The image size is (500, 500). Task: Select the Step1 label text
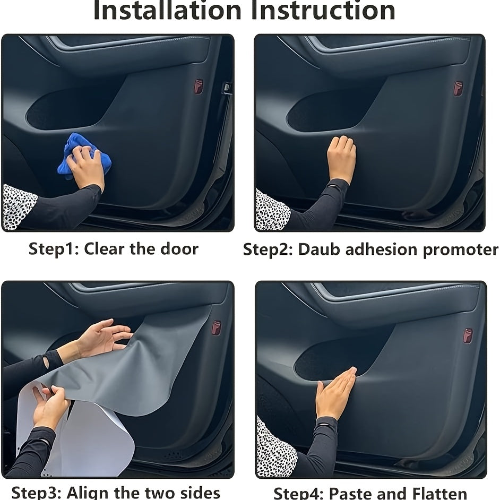tap(54, 248)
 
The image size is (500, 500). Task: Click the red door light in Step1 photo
tap(198, 87)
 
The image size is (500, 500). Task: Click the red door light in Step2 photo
tap(458, 88)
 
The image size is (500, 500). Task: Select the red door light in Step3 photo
tap(216, 327)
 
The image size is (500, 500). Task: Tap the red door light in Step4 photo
tap(468, 335)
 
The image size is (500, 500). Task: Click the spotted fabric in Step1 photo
tap(19, 206)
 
